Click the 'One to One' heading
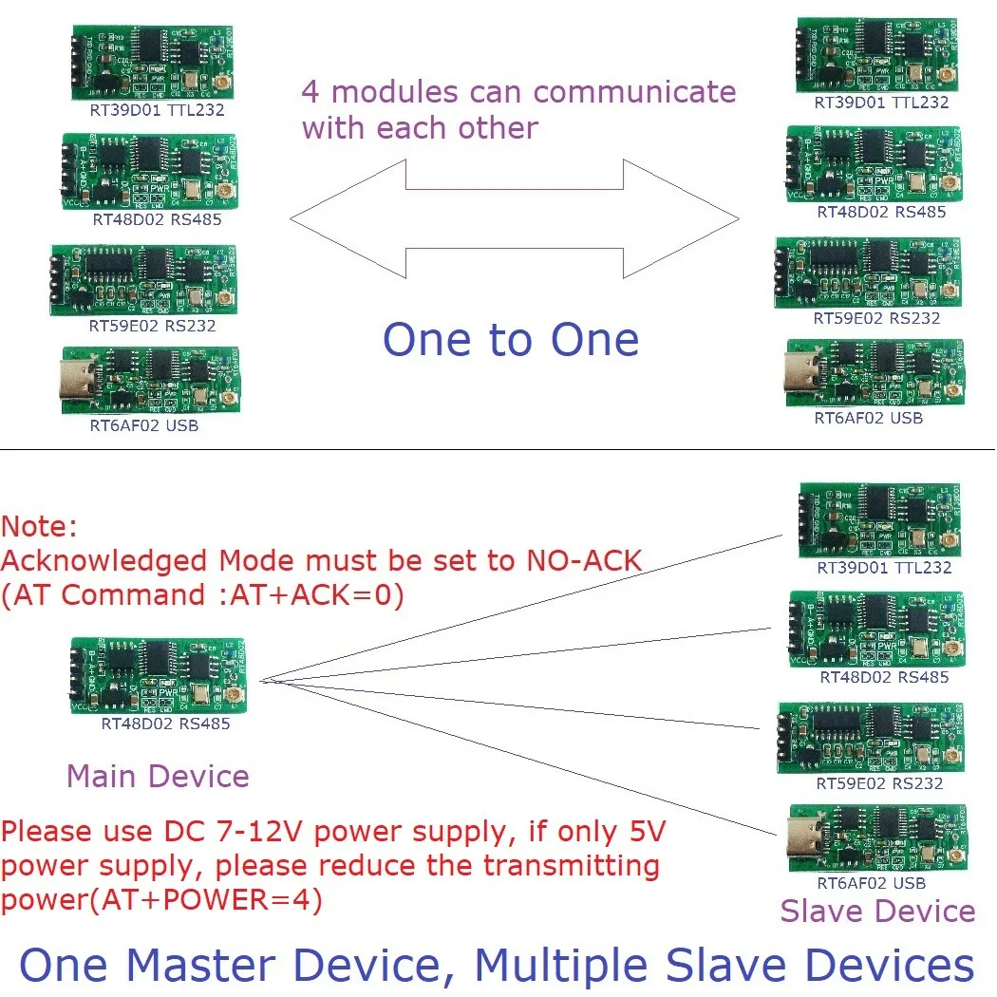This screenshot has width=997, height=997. click(510, 340)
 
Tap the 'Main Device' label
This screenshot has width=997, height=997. click(158, 776)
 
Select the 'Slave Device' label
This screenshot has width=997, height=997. click(877, 912)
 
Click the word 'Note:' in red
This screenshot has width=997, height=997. click(40, 527)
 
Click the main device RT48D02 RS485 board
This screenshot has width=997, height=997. click(159, 676)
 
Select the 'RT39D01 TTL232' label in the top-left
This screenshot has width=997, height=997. click(149, 110)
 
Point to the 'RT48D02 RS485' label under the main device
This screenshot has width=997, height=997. click(165, 724)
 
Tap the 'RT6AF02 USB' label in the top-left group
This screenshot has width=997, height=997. click(144, 425)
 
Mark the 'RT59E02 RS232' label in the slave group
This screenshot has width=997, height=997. click(879, 783)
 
